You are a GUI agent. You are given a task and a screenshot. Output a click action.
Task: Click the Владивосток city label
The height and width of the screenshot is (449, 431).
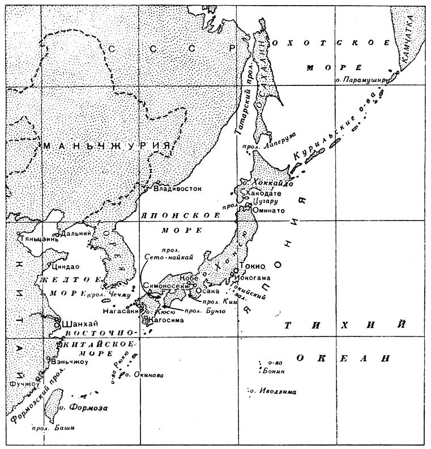click(x=182, y=189)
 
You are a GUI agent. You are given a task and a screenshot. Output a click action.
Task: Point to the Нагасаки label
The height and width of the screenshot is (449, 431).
click(x=120, y=310)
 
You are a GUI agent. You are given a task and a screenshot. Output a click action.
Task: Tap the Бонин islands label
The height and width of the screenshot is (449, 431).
click(x=274, y=371)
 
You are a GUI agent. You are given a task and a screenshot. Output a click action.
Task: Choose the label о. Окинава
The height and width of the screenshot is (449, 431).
click(x=143, y=374)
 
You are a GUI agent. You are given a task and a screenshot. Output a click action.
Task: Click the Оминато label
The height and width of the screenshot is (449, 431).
click(x=266, y=210)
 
